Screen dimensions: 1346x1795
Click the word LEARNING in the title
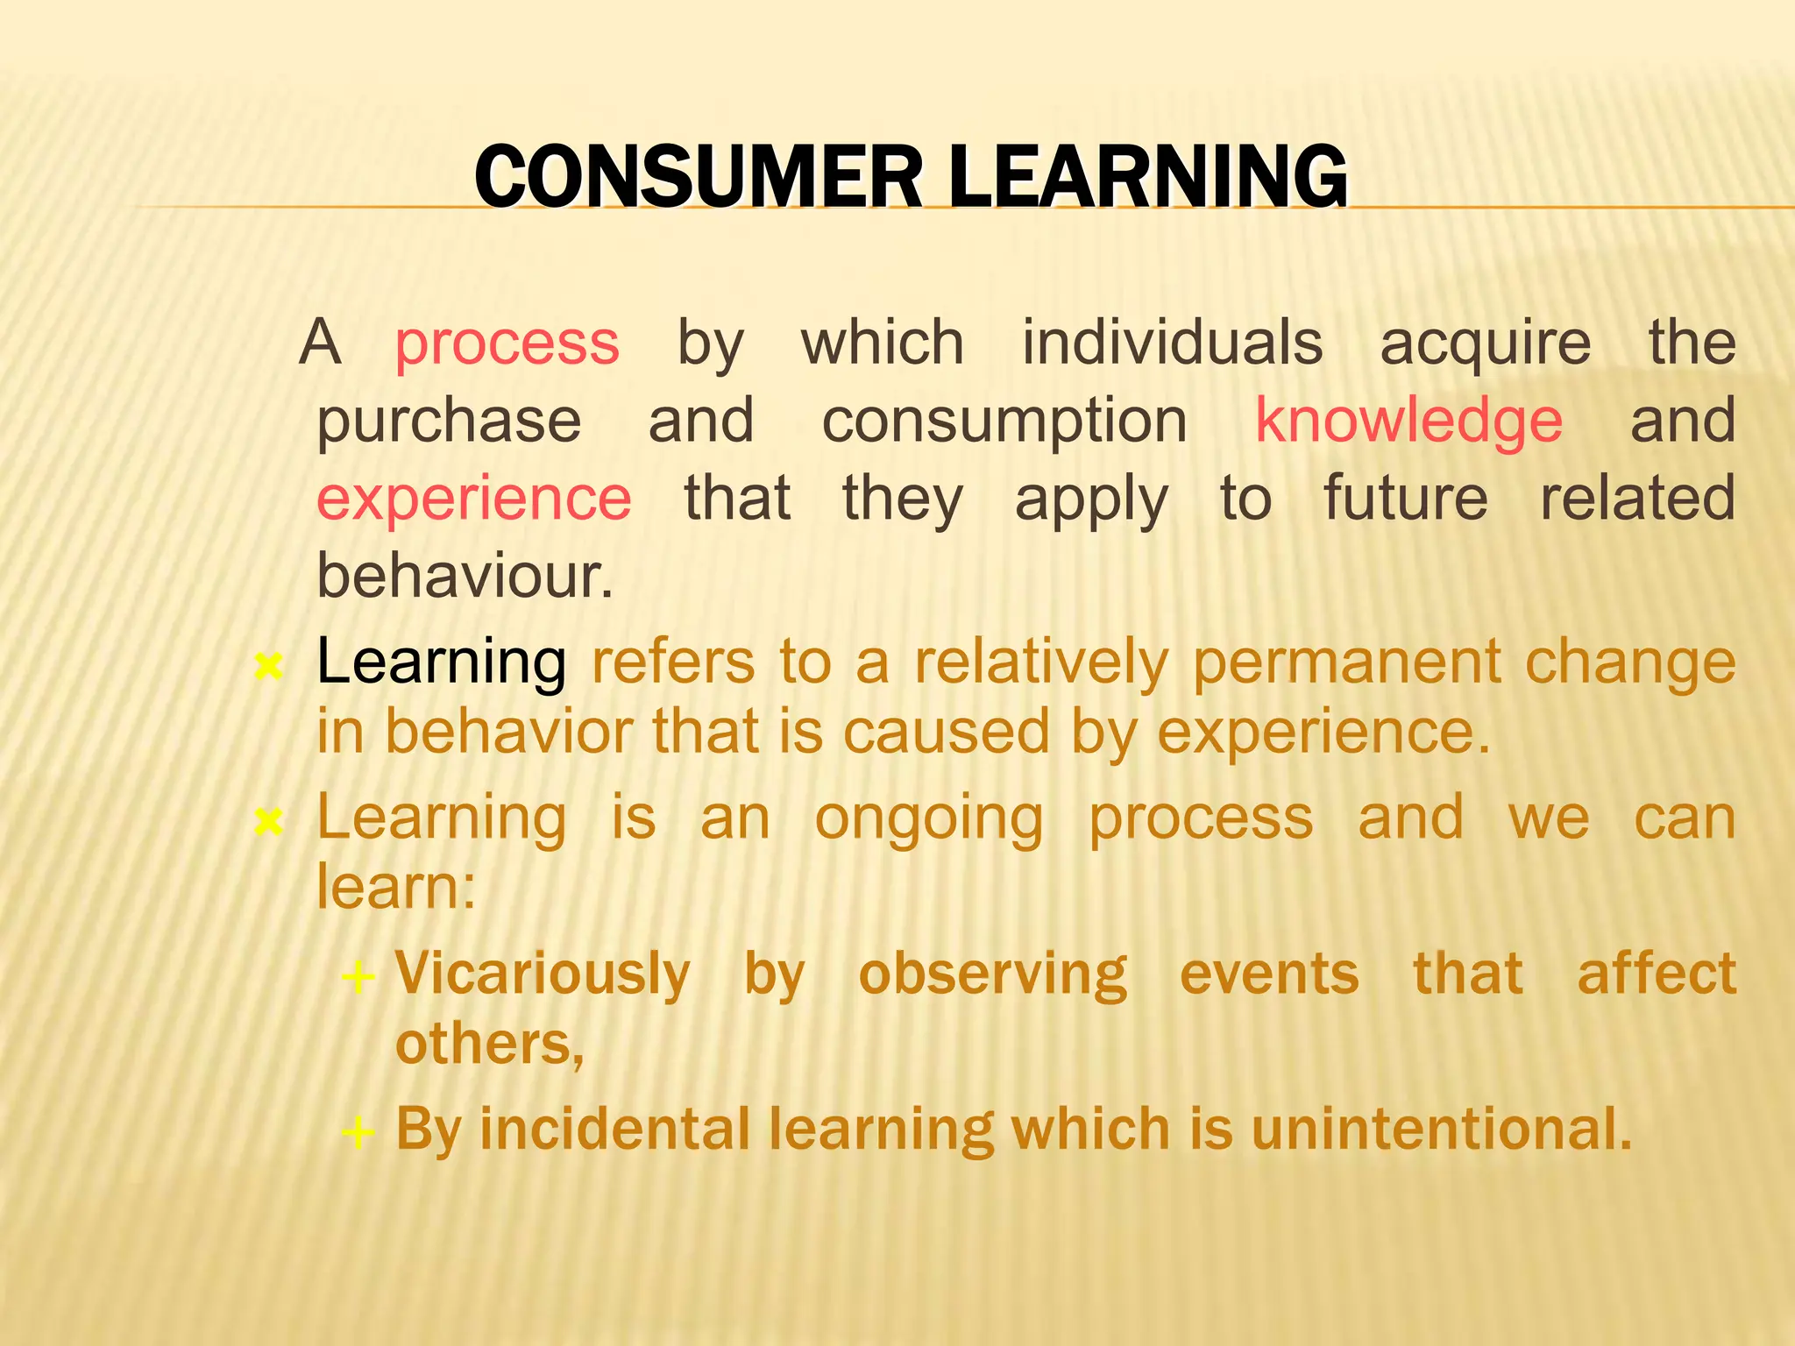(1148, 177)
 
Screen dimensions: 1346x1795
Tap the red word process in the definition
(507, 344)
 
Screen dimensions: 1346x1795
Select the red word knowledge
(1408, 421)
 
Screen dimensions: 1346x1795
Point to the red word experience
(473, 498)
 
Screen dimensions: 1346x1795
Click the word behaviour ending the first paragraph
(464, 576)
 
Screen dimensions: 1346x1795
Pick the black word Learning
(441, 661)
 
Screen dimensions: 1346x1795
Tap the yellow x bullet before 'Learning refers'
(267, 668)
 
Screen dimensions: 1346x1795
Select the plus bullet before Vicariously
(358, 976)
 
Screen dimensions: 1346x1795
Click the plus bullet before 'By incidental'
(358, 1131)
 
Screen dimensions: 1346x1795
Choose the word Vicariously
(543, 974)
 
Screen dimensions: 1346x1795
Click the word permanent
(1347, 661)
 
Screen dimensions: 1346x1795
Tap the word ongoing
(929, 819)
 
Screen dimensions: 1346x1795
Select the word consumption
(1004, 421)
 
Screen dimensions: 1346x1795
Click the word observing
(992, 974)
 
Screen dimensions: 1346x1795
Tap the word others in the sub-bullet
(488, 1045)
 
